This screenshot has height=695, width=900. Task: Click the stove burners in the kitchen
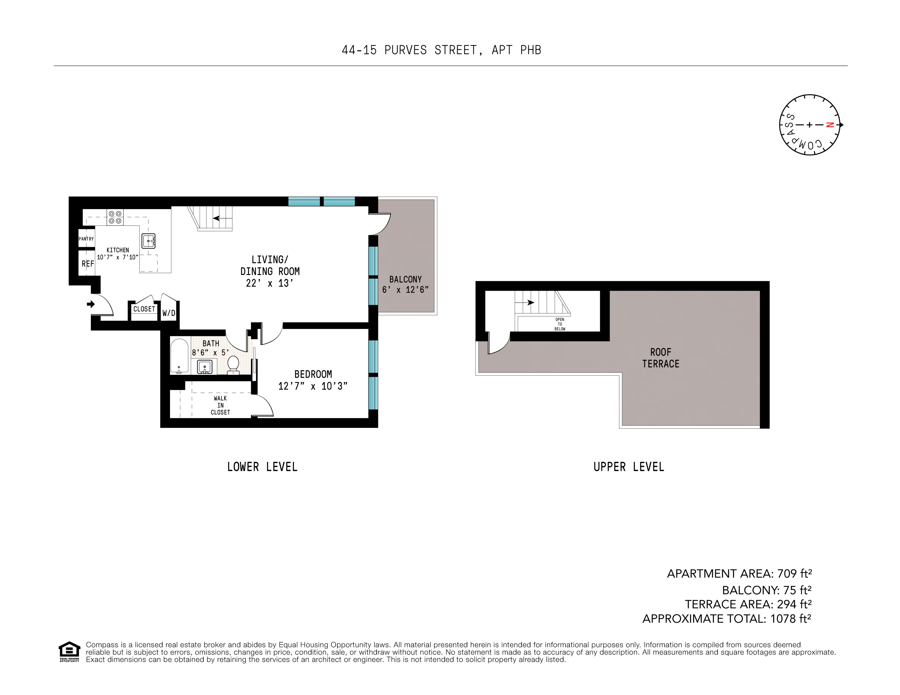115,217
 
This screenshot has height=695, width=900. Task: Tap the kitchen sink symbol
148,241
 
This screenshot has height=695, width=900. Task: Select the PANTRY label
86,239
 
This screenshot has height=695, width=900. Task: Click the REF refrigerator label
87,264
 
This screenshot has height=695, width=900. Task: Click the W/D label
168,313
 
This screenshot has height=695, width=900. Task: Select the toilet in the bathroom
233,365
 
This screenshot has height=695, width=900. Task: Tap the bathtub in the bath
179,356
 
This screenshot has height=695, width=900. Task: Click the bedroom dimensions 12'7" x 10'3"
313,386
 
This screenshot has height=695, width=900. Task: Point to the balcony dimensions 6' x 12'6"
405,290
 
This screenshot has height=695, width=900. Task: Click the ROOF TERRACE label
661,358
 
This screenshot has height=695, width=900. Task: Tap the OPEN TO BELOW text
560,324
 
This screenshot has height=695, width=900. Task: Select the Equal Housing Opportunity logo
69,651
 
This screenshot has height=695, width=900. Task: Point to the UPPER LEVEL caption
628,467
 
